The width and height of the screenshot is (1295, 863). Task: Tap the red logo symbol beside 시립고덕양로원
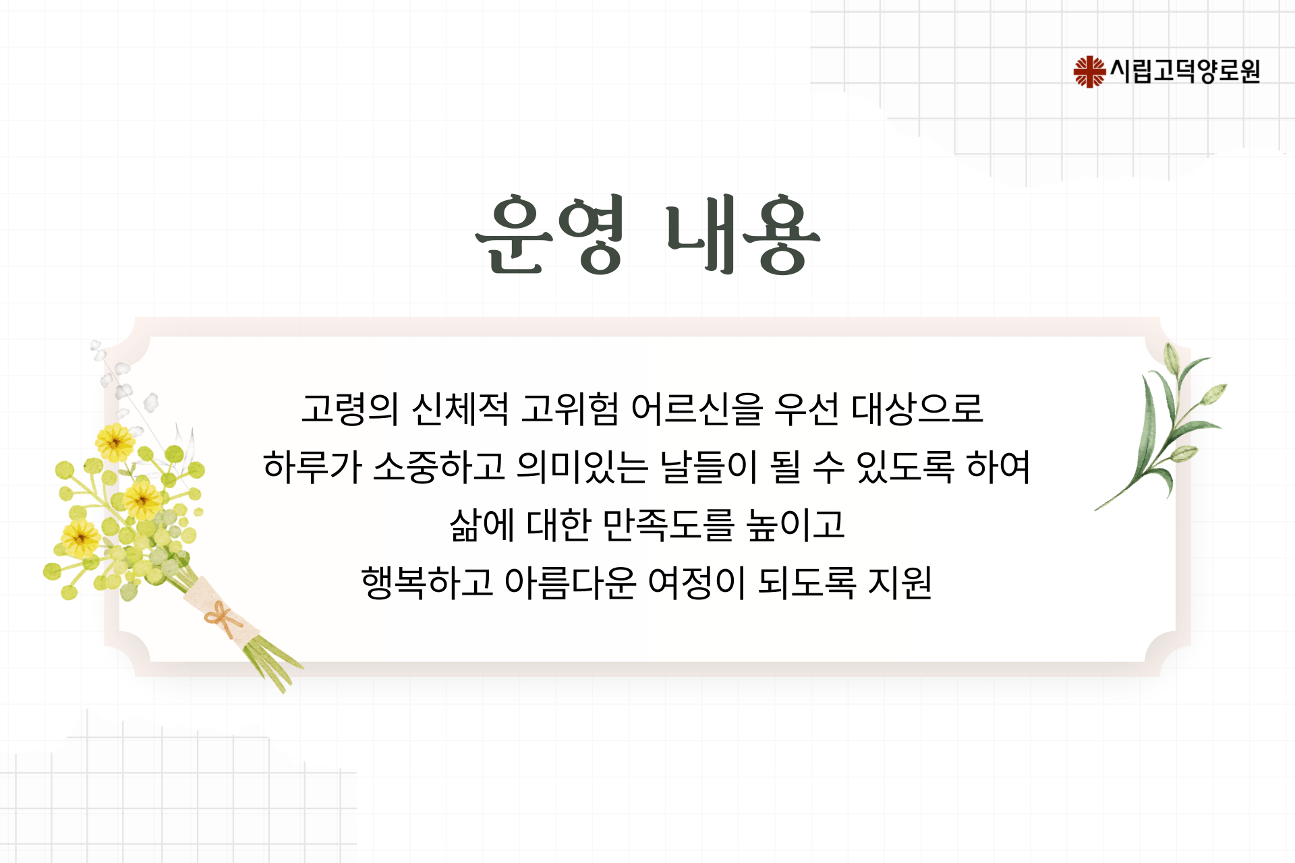pos(1089,71)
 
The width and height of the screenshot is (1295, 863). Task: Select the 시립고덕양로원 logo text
pos(1185,71)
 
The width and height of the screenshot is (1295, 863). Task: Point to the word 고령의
pos(350,409)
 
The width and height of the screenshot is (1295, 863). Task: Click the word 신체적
pos(461,409)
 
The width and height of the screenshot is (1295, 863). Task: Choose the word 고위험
pos(570,409)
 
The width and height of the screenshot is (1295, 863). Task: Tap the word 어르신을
pos(697,409)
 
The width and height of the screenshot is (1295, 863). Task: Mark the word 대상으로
pos(917,409)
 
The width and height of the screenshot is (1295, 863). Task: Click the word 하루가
pos(312,467)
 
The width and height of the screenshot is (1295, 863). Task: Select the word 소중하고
pos(439,467)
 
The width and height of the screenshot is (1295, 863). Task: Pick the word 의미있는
pos(583,467)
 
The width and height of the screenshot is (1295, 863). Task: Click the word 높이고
pos(796,525)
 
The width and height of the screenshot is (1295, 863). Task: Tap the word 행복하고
pos(428,583)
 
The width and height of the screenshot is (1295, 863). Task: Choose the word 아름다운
pos(571,583)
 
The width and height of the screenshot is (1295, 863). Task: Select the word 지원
pos(900,583)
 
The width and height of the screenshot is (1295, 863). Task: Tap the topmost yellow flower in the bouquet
pos(115,442)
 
